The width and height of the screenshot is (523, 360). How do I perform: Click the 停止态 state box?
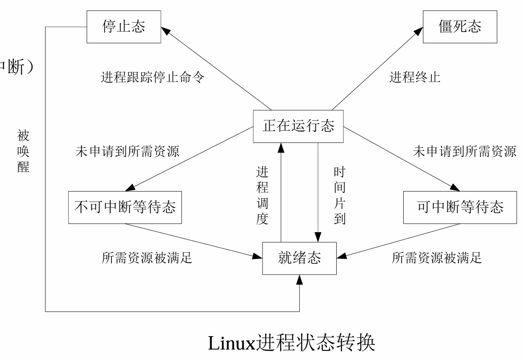pos(124,27)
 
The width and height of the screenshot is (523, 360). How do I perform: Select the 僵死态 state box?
pos(460,27)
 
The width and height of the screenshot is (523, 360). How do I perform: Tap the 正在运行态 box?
pos(298,126)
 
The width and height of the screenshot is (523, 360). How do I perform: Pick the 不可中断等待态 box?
pos(125,207)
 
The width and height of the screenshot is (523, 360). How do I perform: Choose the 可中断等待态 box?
pos(460,207)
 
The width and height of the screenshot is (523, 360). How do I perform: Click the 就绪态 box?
pos(299,258)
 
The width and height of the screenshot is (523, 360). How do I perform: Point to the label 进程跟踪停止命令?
pos(152,78)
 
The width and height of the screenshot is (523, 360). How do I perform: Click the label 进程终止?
pos(415,78)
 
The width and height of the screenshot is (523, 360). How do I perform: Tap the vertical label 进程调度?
pos(262,196)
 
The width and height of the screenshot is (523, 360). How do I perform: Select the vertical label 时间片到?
pos(339,196)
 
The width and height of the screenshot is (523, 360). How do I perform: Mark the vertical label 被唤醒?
pos(23,151)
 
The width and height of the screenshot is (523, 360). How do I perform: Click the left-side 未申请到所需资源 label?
pos(127,151)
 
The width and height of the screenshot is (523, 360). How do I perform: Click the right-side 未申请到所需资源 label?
pos(464,151)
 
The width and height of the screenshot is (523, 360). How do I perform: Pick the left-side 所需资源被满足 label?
pos(147,258)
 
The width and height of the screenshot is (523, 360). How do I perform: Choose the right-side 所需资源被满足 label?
pos(437,258)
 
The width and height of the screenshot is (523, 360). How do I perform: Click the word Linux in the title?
pos(231,344)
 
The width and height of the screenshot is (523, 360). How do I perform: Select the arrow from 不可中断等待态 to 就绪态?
pos(193,239)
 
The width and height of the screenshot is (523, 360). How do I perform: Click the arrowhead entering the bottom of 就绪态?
pos(299,280)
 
